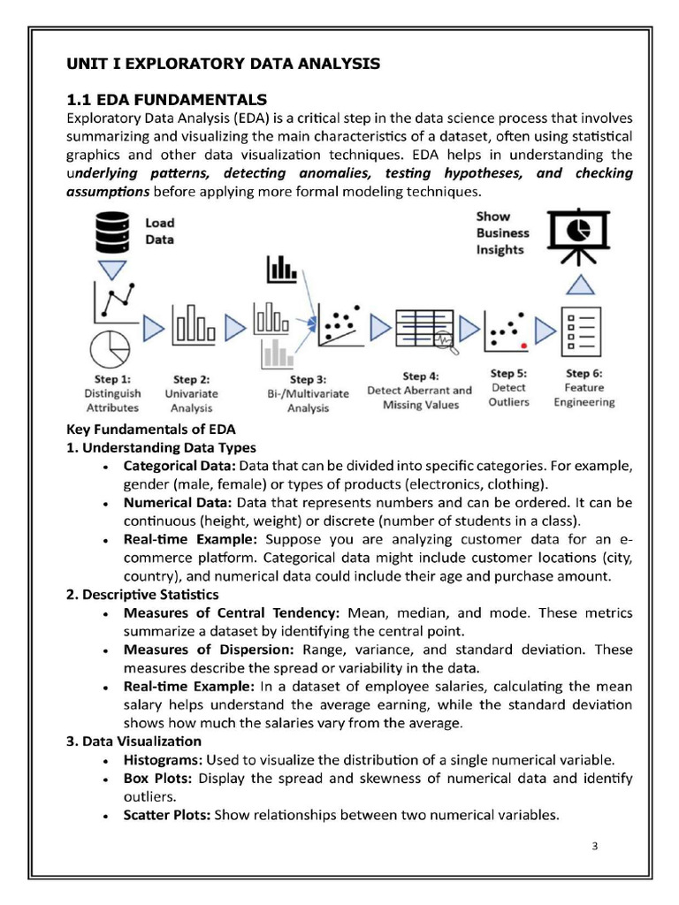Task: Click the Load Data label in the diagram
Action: click(x=160, y=232)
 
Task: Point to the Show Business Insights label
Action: click(x=502, y=233)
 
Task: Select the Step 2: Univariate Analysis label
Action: click(x=192, y=393)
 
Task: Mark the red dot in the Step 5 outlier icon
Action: click(x=525, y=345)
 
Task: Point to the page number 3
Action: click(x=595, y=846)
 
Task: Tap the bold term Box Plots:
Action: click(x=159, y=779)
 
